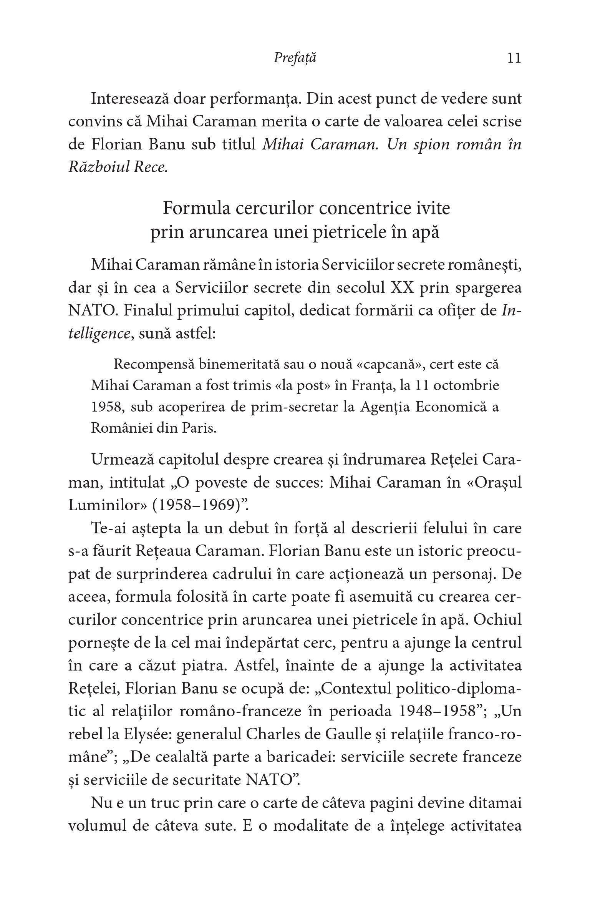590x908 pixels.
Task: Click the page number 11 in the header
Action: [x=514, y=58]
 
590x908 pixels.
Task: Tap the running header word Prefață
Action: [x=295, y=58]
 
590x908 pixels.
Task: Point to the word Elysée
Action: [x=148, y=734]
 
